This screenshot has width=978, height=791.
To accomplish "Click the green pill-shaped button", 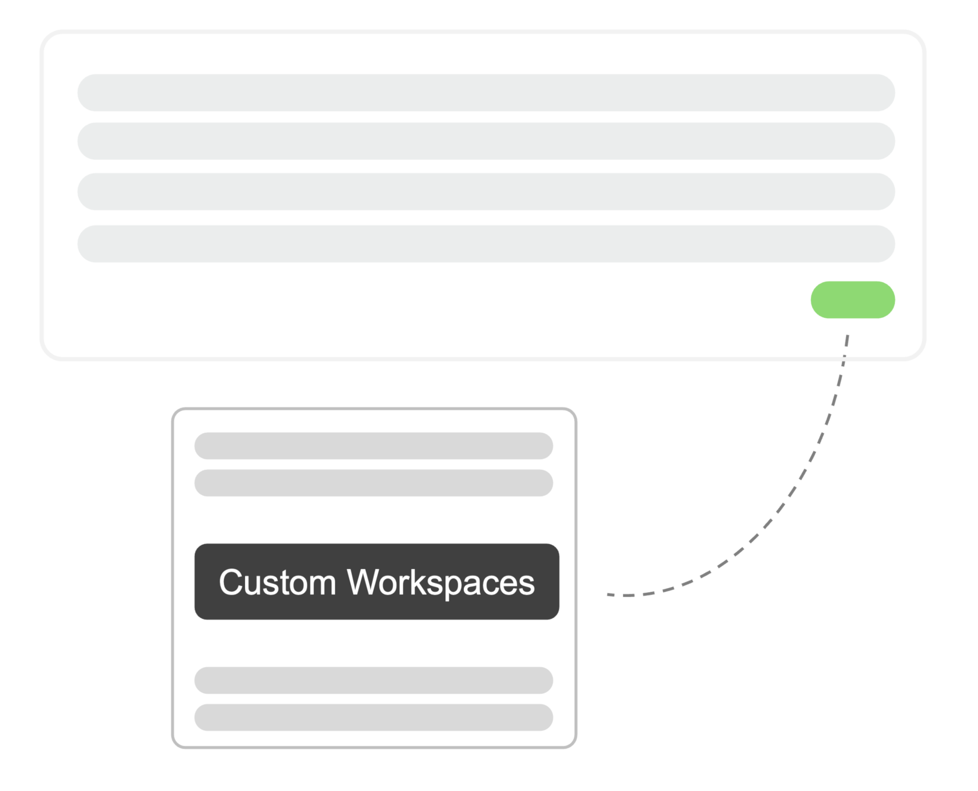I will tap(853, 300).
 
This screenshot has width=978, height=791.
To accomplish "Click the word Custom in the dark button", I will tap(277, 582).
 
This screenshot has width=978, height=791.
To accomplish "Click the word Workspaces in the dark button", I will tap(441, 582).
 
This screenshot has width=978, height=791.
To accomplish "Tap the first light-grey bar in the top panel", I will tap(486, 93).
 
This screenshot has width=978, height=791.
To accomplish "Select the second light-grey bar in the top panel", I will tap(486, 141).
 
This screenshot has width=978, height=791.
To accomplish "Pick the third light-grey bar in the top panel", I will tap(486, 191).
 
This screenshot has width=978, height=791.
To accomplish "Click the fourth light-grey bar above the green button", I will tap(486, 243).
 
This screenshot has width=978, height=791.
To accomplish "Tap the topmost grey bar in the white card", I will tap(374, 446).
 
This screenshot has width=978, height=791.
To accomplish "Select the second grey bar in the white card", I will tap(374, 483).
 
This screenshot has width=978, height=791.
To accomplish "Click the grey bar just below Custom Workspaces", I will tap(374, 680).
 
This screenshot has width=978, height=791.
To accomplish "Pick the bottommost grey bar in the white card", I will tap(374, 717).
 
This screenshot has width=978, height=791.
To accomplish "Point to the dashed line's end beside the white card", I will tap(608, 594).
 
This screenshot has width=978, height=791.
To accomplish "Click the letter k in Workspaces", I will tap(417, 582).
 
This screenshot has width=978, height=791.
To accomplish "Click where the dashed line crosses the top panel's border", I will tap(844, 359).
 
